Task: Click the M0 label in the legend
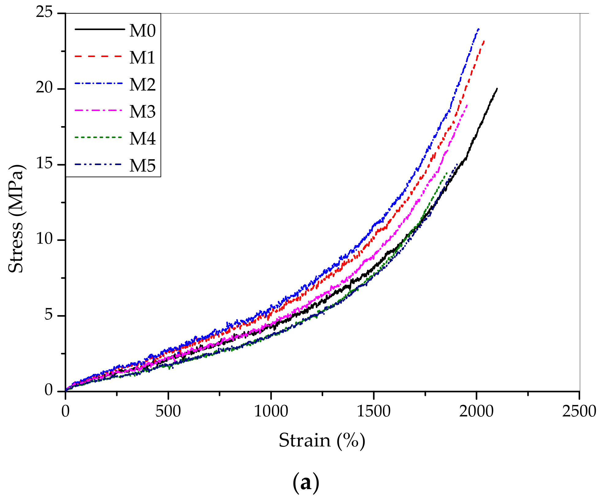click(143, 31)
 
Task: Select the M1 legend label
click(143, 57)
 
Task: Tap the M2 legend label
click(143, 84)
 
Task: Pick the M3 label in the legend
click(143, 111)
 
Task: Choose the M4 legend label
click(143, 138)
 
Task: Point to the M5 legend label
click(143, 165)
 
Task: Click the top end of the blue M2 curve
click(478, 29)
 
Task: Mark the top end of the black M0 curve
click(497, 89)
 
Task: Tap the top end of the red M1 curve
click(484, 41)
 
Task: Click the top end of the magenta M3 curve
click(467, 105)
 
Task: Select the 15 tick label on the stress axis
click(44, 164)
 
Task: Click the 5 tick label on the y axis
click(49, 315)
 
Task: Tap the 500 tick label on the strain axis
click(168, 411)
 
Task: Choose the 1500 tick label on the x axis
click(373, 411)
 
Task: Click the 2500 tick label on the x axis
click(579, 411)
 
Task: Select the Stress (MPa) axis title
click(16, 218)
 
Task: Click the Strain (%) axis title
click(322, 441)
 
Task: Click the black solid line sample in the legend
click(100, 29)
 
